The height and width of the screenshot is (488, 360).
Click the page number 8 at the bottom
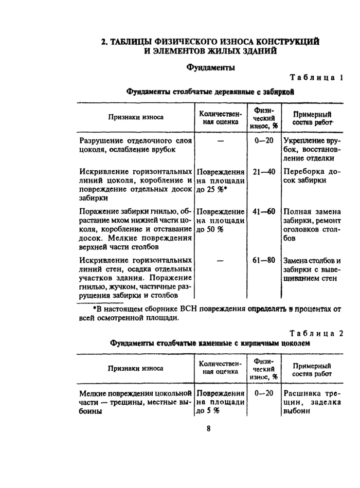point(209,428)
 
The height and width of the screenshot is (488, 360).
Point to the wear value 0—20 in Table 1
point(263,140)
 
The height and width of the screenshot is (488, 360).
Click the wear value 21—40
point(264,172)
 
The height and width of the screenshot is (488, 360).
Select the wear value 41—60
point(264,211)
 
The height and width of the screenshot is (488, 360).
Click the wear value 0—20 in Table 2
point(264,393)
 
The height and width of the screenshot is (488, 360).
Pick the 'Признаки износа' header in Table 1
point(136,117)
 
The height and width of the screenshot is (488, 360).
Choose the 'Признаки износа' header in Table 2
point(136,368)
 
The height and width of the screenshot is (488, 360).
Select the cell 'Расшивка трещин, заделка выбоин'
point(312,402)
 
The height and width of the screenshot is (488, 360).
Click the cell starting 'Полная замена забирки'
point(312,225)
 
